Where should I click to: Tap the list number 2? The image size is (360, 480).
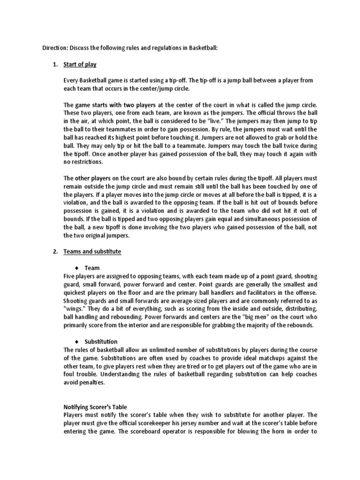pos(54,252)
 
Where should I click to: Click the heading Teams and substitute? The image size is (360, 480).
pos(92,252)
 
